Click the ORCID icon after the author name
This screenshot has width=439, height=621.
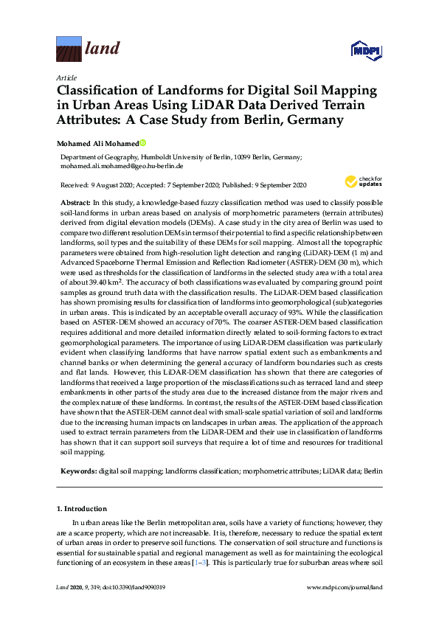(142, 144)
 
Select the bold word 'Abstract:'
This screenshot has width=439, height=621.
(76, 202)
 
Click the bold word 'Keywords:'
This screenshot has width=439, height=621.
(79, 470)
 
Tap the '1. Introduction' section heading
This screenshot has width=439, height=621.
(81, 509)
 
